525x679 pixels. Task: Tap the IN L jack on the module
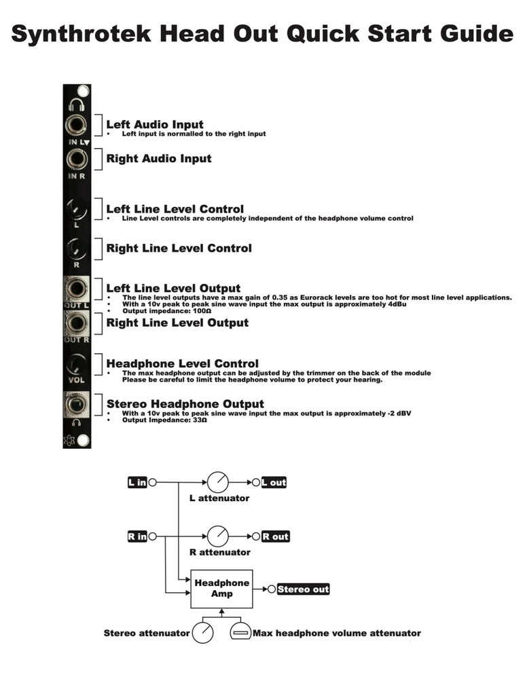click(x=75, y=126)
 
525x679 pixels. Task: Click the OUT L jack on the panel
click(x=75, y=289)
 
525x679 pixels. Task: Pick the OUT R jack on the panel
click(x=75, y=321)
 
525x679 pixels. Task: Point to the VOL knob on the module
click(x=76, y=364)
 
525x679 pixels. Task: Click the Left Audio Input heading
click(x=155, y=125)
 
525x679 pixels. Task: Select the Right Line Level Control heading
click(x=179, y=249)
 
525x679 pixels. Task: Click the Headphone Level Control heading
click(x=182, y=364)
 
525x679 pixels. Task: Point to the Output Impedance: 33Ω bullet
click(x=164, y=420)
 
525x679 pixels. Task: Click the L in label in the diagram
click(x=137, y=483)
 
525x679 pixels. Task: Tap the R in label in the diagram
click(x=137, y=536)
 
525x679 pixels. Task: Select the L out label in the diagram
click(x=274, y=483)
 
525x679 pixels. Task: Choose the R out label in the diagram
click(x=275, y=536)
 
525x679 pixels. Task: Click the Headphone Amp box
click(x=222, y=588)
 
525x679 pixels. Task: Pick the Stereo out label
click(x=303, y=589)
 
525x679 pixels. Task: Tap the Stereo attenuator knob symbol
click(x=203, y=634)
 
